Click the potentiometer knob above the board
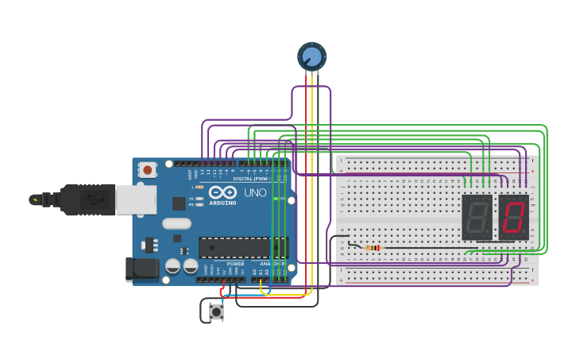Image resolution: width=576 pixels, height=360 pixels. (311, 56)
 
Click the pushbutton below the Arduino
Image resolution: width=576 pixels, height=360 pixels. (216, 312)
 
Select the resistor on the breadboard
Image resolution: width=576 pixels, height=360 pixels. (373, 248)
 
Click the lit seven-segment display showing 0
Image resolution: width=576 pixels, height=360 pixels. (514, 217)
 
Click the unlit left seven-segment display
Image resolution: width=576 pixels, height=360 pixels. (477, 217)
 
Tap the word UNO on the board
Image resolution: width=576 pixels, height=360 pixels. (255, 193)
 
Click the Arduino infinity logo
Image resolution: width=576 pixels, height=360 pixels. (222, 192)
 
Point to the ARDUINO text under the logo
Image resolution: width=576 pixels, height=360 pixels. (222, 203)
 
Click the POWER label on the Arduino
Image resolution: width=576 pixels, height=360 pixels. (236, 264)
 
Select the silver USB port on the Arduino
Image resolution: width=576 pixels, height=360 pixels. (136, 199)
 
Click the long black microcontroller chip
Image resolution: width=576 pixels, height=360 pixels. (242, 247)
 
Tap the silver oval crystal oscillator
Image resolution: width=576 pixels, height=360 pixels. (177, 224)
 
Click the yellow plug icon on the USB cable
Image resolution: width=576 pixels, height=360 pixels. (34, 199)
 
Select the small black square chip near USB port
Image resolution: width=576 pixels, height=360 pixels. (179, 203)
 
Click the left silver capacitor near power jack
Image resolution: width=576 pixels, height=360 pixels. (172, 266)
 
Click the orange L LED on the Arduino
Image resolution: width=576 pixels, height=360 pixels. (199, 187)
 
